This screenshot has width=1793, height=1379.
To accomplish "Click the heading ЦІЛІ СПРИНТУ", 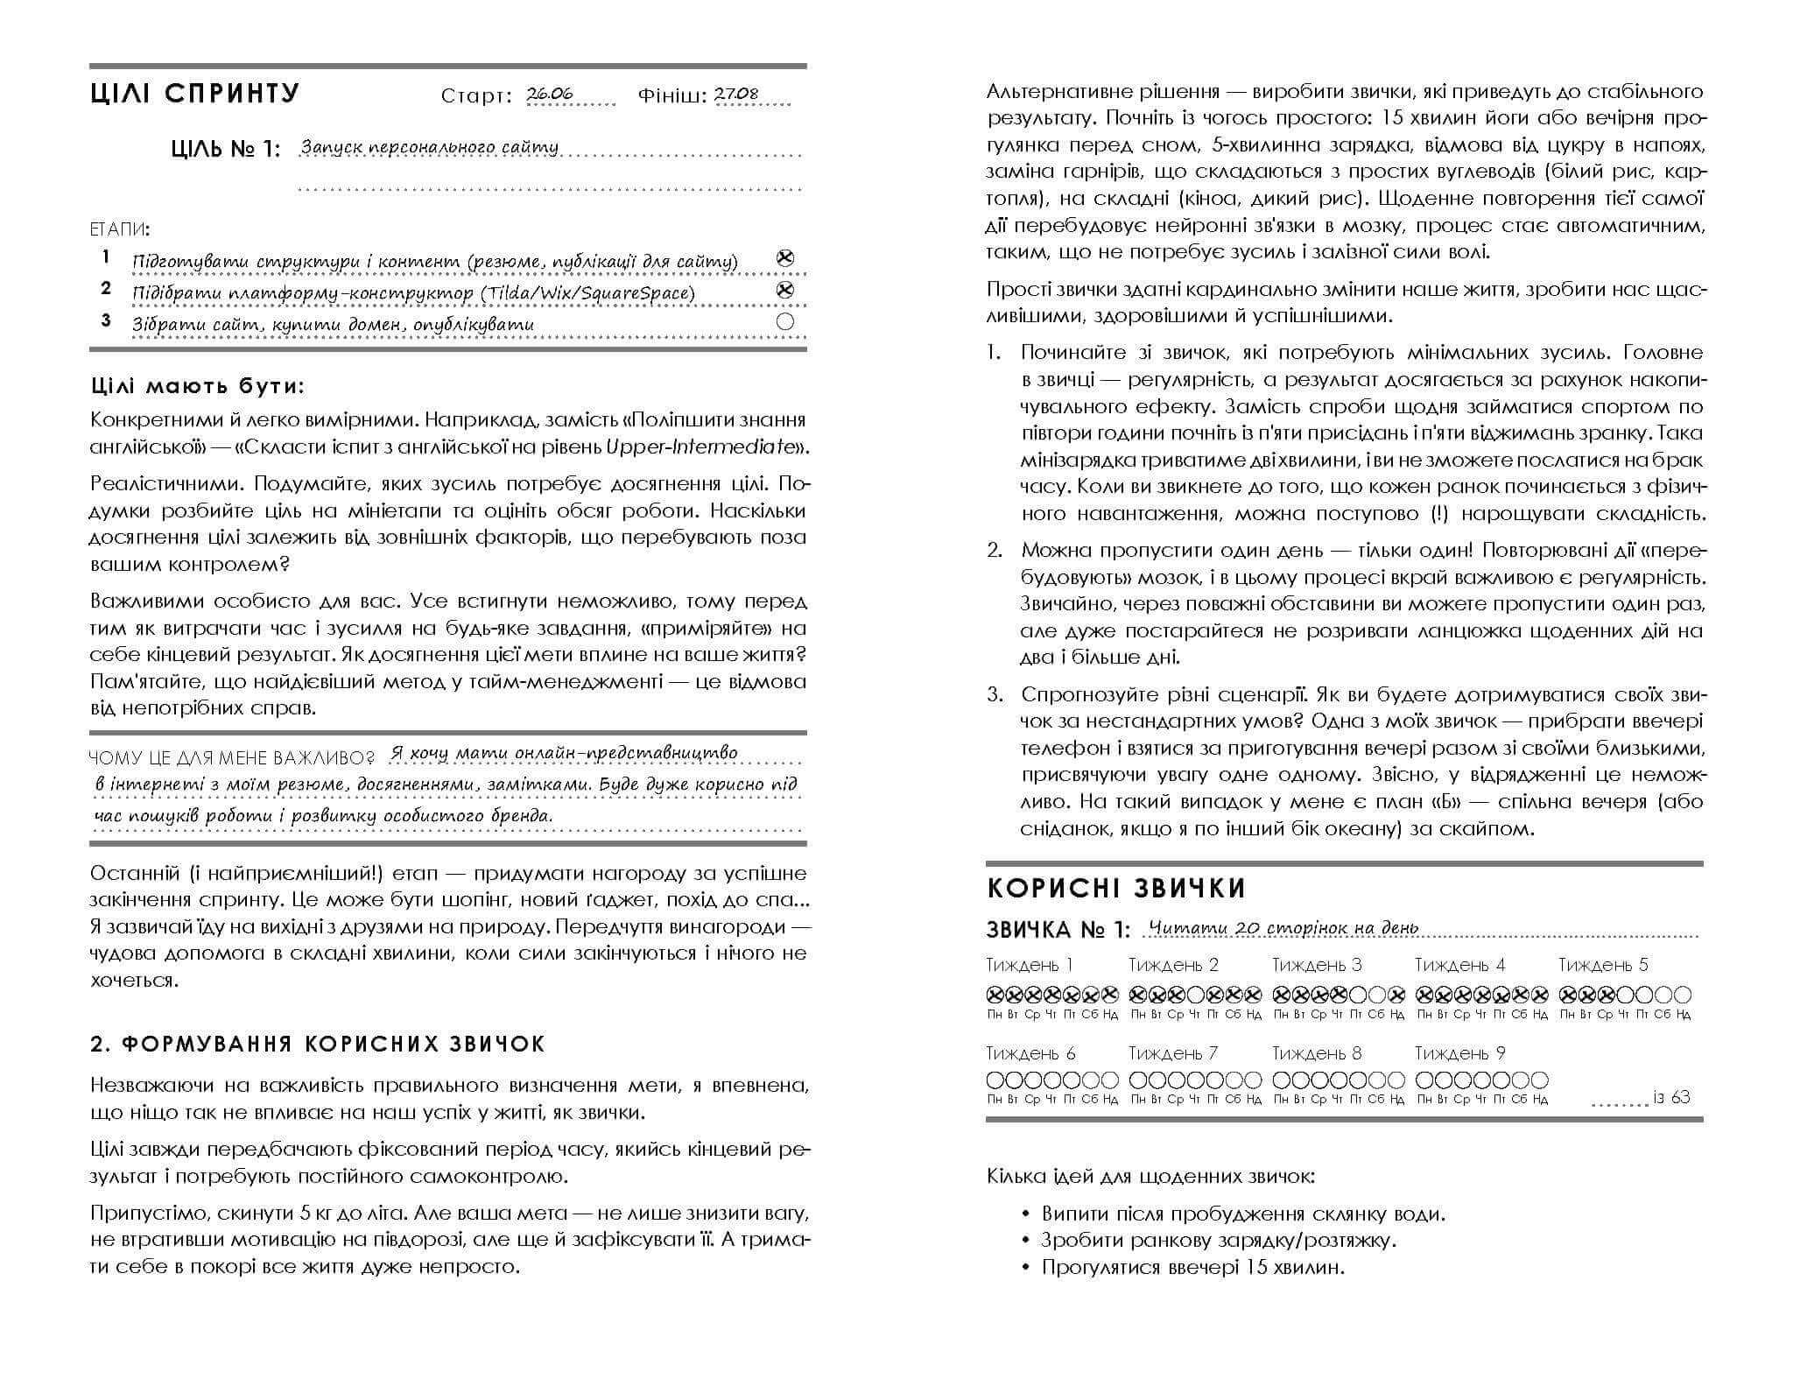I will click(x=194, y=94).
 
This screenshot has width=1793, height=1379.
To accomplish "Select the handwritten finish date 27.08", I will click(x=737, y=95).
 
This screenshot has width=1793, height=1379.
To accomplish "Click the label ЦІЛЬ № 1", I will click(x=226, y=150).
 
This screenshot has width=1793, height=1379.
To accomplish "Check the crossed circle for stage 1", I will click(x=785, y=258).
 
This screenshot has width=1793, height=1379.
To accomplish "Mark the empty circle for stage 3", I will click(x=785, y=321).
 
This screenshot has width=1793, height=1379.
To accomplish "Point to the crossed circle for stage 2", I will click(x=785, y=290).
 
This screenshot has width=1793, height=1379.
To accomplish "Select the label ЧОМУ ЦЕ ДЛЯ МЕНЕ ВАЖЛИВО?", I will click(x=232, y=757).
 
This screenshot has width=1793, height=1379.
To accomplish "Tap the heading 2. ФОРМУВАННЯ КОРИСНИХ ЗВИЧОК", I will click(x=318, y=1044).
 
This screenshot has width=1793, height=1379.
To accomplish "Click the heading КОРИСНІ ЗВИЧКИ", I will click(x=1115, y=889).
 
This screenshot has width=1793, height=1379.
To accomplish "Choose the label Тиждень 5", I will click(x=1603, y=965).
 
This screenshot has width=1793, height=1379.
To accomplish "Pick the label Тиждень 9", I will click(x=1459, y=1053).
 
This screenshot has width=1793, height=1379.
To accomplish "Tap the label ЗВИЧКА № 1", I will click(x=1058, y=929).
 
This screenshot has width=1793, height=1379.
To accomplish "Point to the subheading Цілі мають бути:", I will click(x=198, y=386).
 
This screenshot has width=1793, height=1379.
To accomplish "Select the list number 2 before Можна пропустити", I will click(x=994, y=550).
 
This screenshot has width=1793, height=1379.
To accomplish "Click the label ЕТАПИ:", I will click(x=120, y=229).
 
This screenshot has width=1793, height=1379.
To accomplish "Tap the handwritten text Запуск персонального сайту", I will click(x=429, y=147).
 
